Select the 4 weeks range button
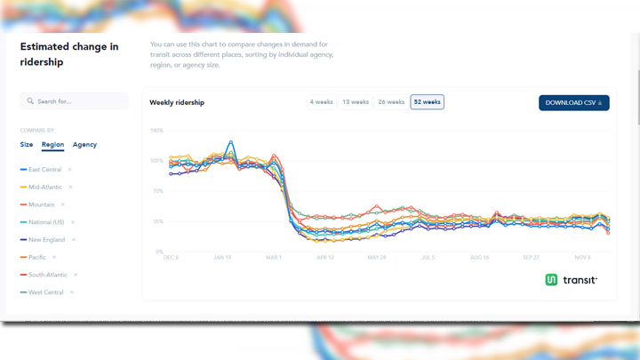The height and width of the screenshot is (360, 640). [322, 102]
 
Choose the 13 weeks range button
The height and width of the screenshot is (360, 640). [356, 102]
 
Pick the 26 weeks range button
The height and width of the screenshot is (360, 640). [391, 102]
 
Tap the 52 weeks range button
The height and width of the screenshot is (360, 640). [427, 102]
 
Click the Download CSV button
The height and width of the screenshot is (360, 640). [573, 102]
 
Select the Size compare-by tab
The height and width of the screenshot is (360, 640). [27, 144]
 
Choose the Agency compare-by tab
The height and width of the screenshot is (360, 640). [84, 144]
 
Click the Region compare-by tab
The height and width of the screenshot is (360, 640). [52, 144]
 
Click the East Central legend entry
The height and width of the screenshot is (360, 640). [44, 170]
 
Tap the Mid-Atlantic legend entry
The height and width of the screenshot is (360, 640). [44, 187]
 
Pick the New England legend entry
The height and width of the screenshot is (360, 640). [46, 239]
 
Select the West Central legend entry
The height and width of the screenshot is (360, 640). [44, 292]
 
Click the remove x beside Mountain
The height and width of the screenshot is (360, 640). [63, 204]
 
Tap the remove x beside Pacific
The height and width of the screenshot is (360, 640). [54, 257]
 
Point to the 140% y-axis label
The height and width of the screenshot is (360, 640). [156, 131]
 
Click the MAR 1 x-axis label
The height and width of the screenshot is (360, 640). [273, 258]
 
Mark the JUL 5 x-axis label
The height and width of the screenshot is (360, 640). [428, 258]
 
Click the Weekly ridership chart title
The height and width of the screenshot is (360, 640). [177, 102]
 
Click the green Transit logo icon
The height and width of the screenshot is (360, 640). [551, 280]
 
